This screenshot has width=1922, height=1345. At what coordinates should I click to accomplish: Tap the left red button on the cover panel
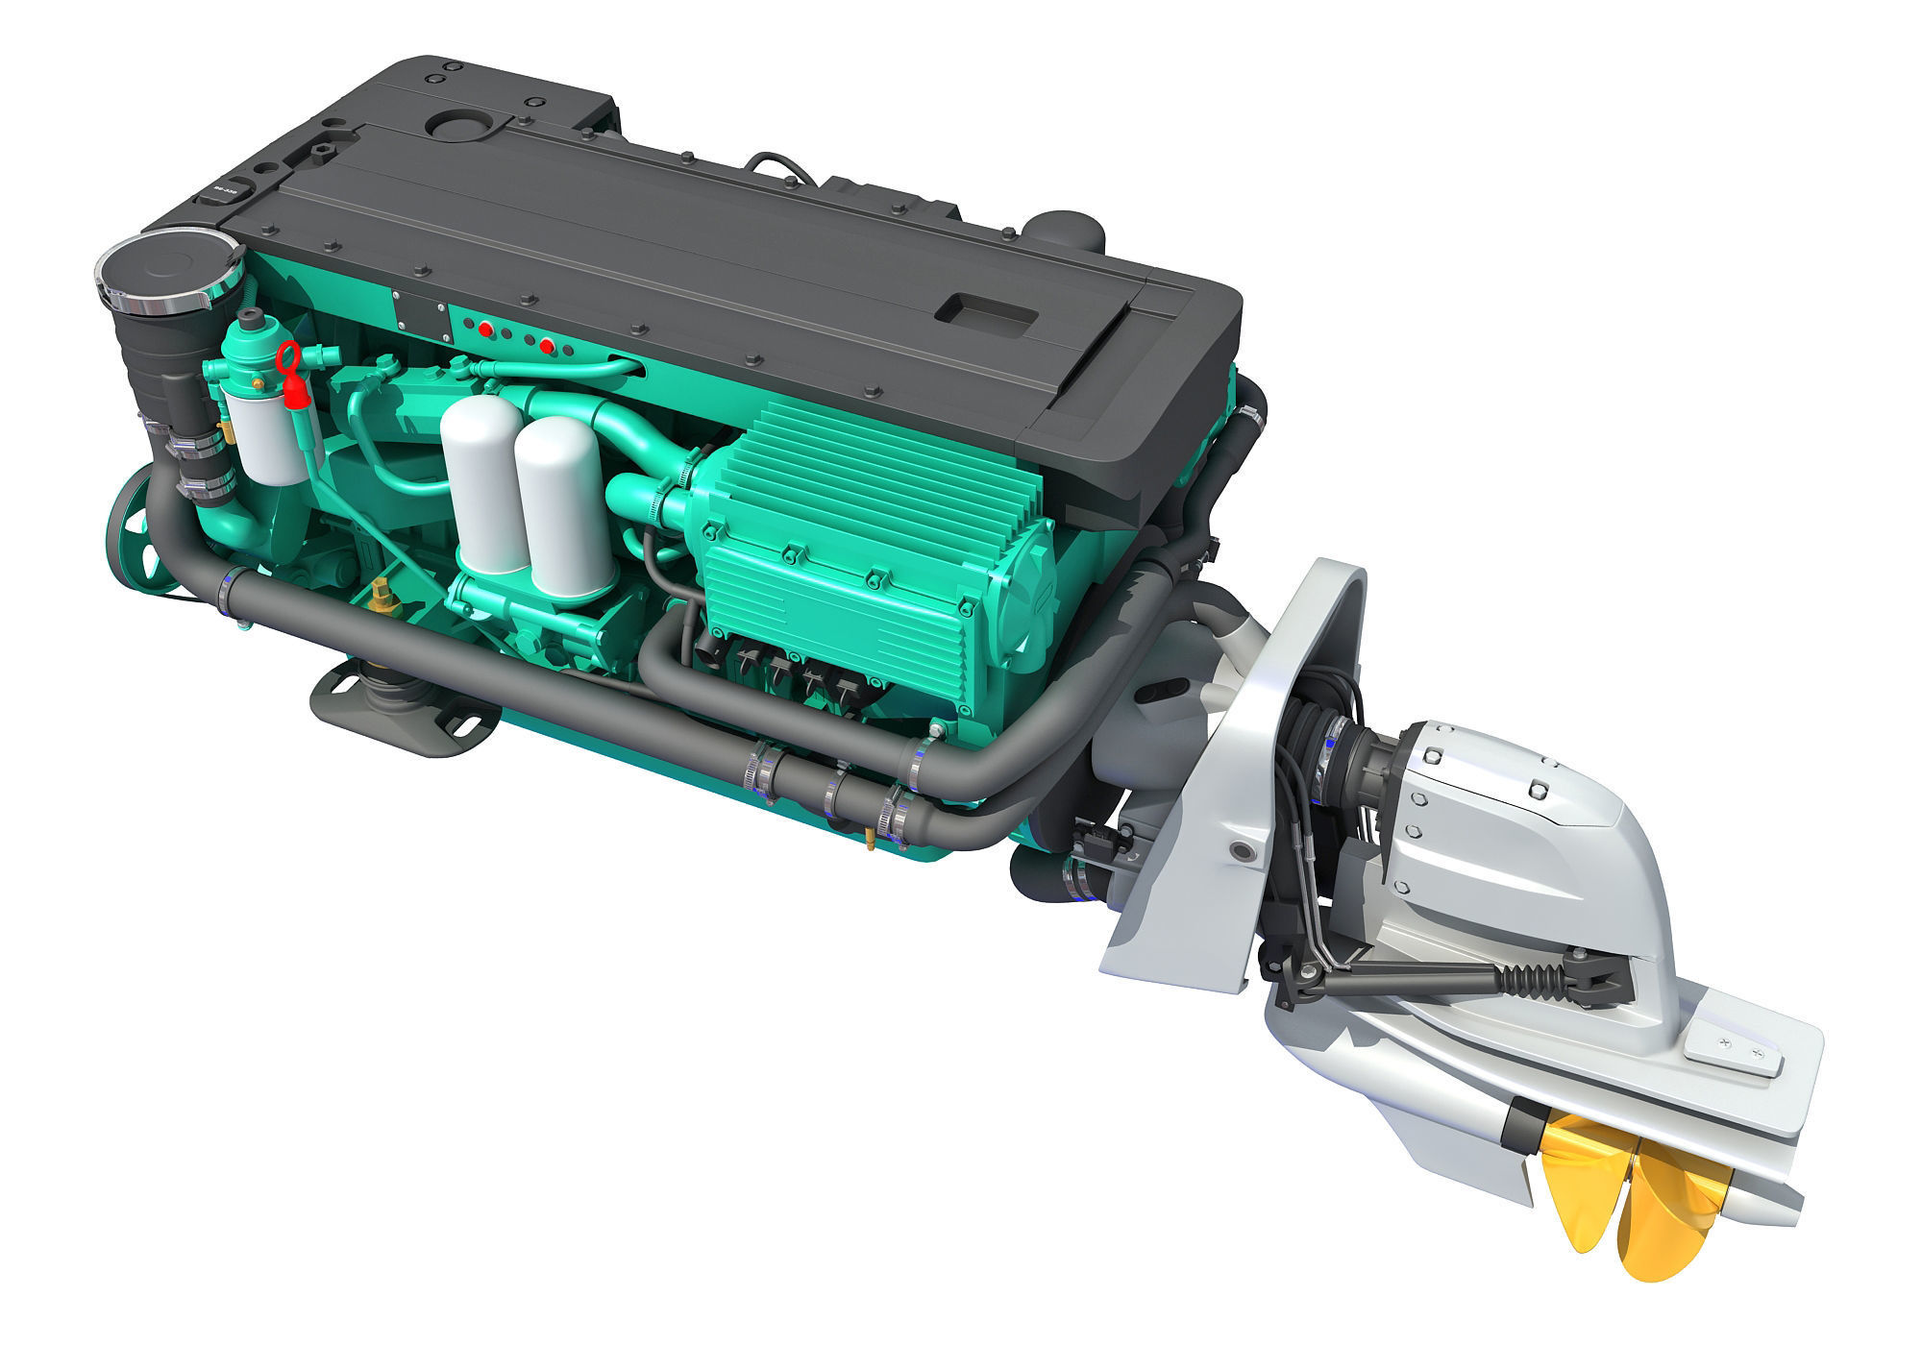(486, 330)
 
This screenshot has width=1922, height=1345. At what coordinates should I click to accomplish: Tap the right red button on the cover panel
(548, 345)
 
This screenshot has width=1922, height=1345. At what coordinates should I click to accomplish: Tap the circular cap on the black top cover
(463, 125)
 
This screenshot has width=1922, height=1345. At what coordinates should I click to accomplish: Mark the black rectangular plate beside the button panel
(419, 314)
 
